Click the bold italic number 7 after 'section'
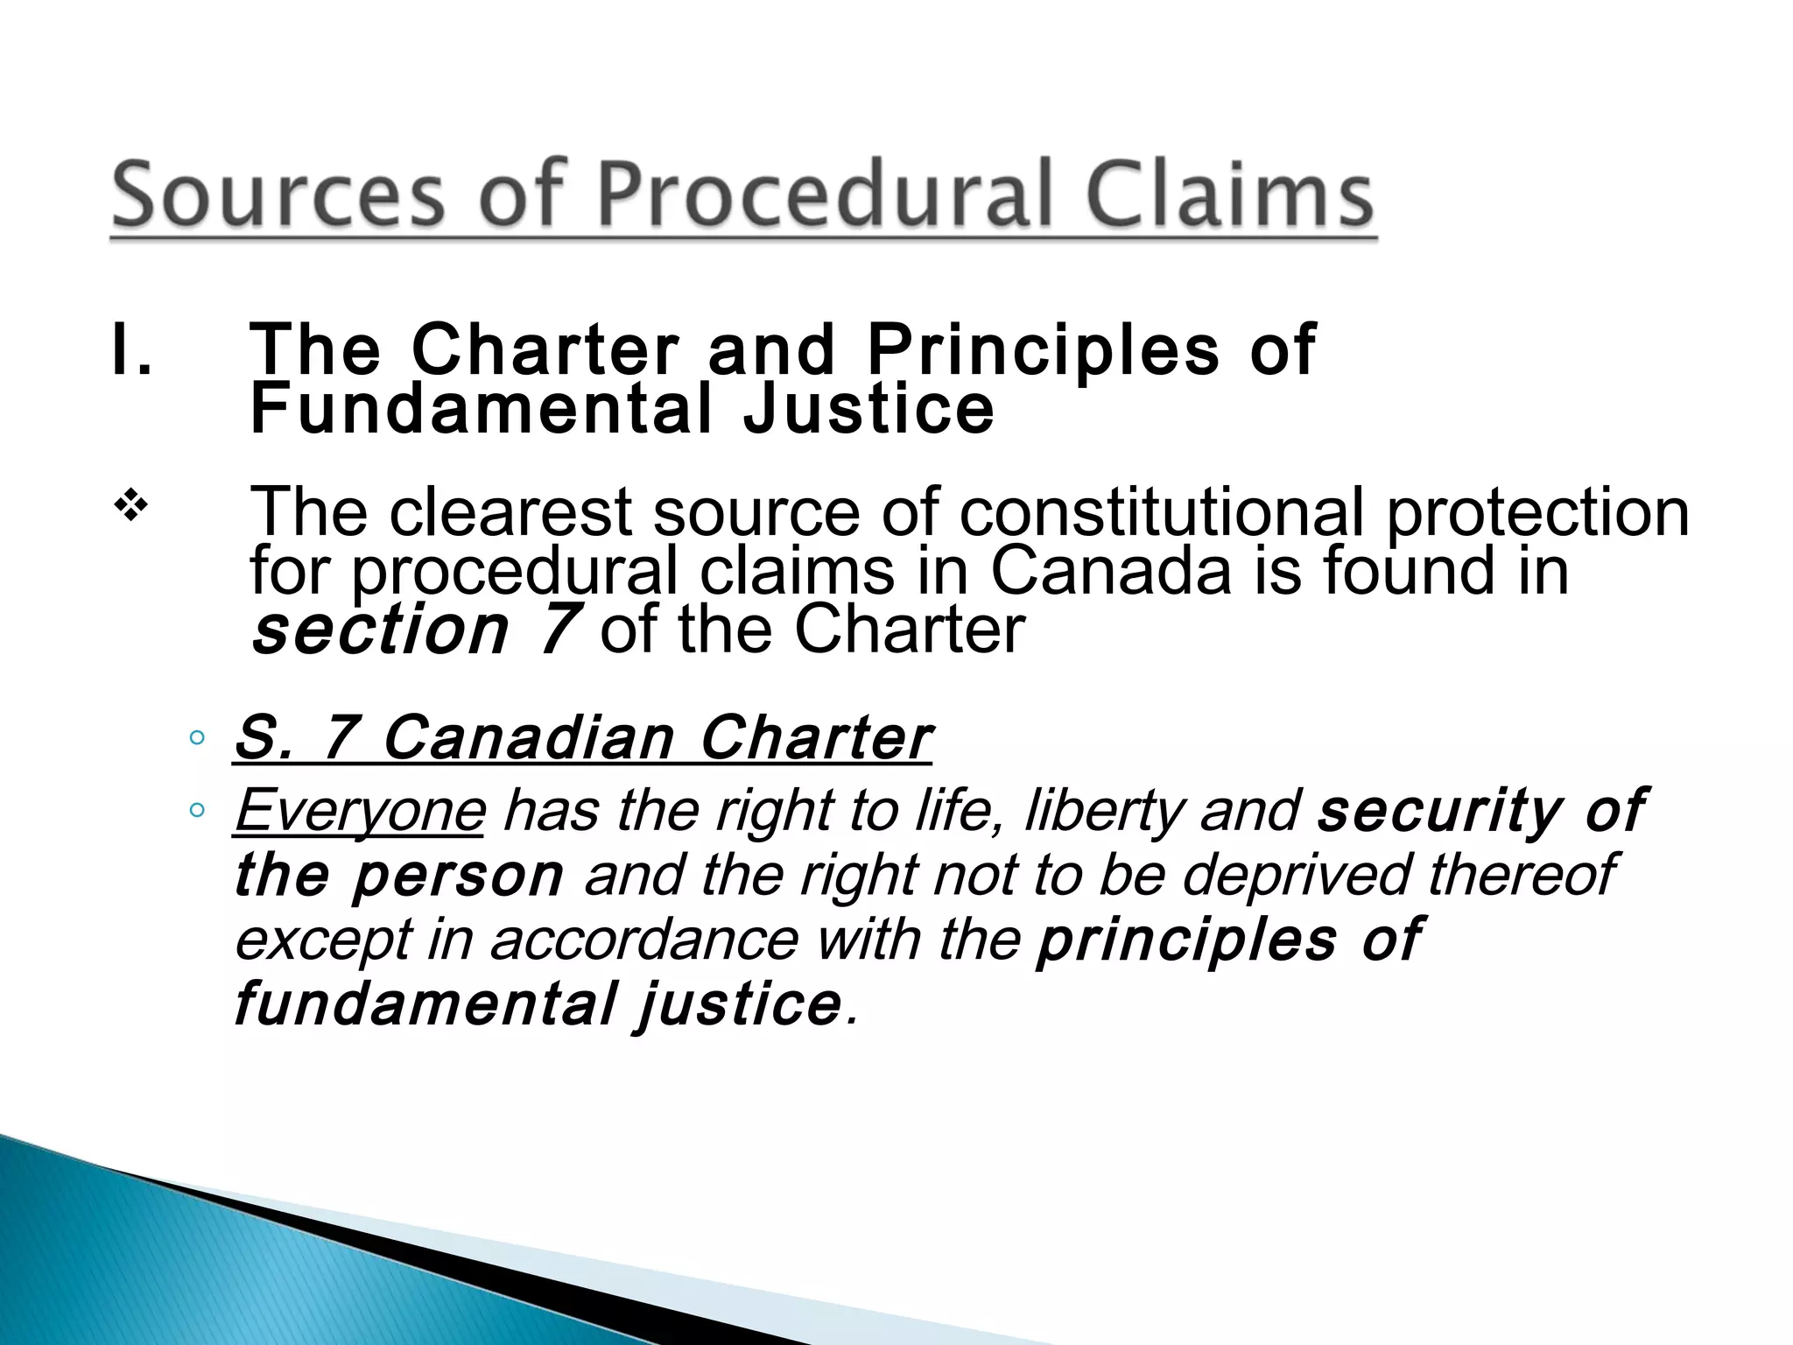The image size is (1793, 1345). (x=555, y=630)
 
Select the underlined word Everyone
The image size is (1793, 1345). (x=359, y=810)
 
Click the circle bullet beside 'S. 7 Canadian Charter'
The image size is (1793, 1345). (x=197, y=737)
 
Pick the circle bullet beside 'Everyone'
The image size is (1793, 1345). (x=197, y=811)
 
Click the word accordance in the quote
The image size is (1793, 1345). (x=643, y=939)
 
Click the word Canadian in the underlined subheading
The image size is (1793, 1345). (x=528, y=737)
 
